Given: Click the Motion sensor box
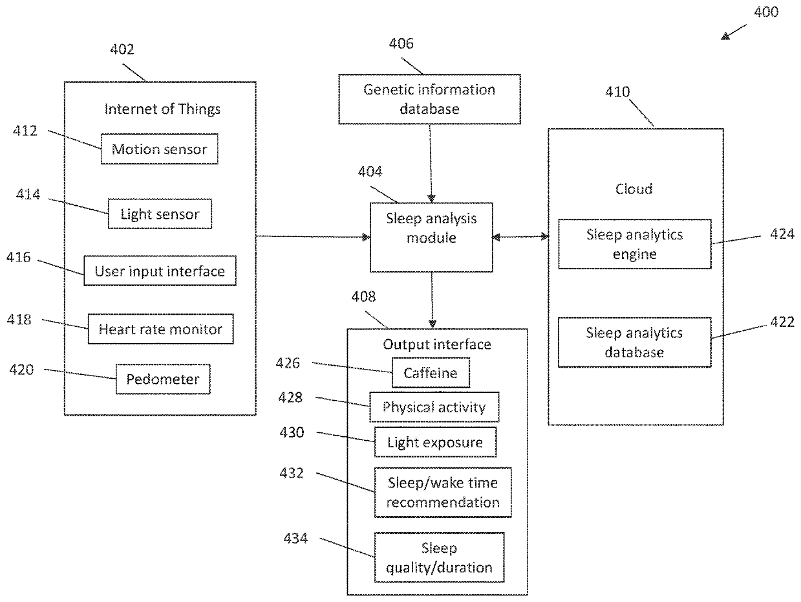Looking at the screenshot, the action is [160, 149].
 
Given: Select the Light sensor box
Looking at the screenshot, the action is [160, 214].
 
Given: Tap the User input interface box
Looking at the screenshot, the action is [160, 271].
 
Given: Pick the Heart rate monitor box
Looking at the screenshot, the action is [160, 329].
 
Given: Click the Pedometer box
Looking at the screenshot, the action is [163, 379].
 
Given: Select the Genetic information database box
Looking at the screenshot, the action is [429, 99].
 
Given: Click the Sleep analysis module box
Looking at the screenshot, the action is [431, 237].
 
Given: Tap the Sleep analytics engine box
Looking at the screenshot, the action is [635, 244].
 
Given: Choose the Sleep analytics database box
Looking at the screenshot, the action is [635, 342].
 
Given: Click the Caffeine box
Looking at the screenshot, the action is [431, 372].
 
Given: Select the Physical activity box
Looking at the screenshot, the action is [434, 407].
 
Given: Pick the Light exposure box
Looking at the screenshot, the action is [435, 442].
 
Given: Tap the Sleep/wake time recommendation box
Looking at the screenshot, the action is [443, 492].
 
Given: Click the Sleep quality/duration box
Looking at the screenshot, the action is [440, 557].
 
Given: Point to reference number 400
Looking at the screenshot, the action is [766, 12].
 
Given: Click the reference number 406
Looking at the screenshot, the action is [401, 43].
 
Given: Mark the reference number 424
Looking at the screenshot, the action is [782, 234].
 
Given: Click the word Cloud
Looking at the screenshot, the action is [634, 189].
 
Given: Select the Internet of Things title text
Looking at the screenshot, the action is [162, 109].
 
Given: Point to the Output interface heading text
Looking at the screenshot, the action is [437, 344].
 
